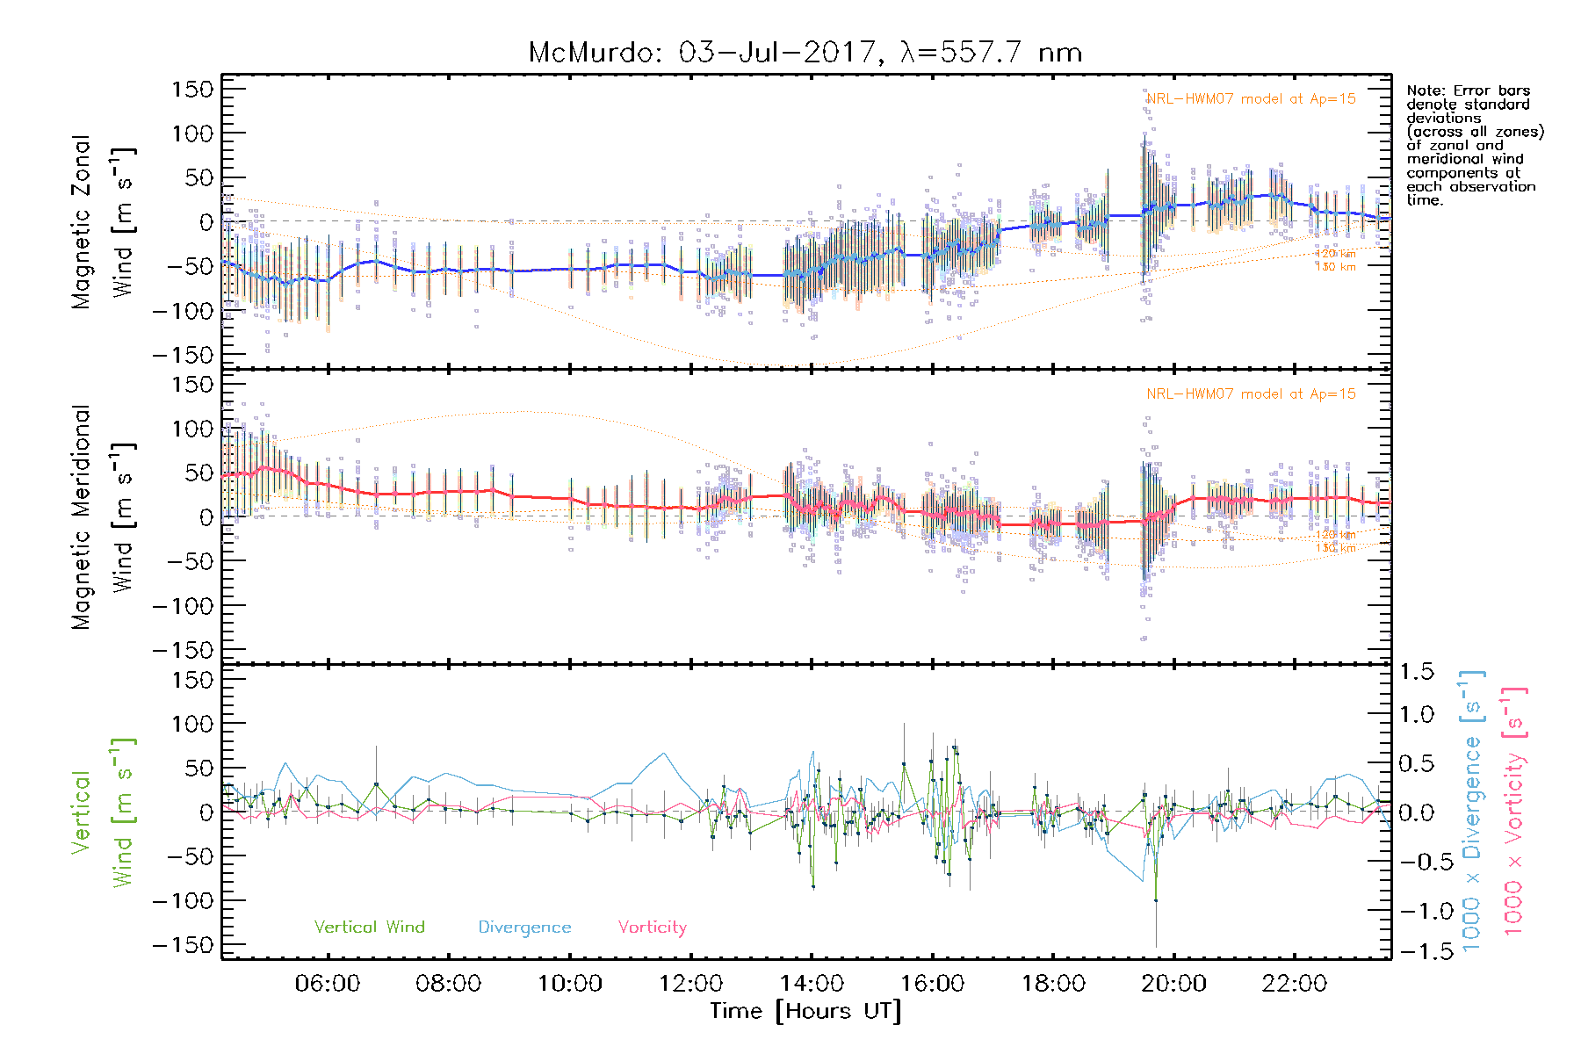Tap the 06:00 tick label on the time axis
pos(328,984)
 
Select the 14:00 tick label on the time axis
pos(812,984)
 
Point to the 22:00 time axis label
pos(1295,984)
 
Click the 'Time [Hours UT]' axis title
pos(805,1012)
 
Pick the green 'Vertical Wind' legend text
pos(369,928)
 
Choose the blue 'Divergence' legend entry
pos(524,928)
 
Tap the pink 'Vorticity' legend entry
pos(652,928)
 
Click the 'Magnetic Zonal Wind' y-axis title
pos(103,222)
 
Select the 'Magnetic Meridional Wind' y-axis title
pos(103,517)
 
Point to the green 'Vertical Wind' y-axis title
pos(103,812)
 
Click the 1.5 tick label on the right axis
pos(1416,672)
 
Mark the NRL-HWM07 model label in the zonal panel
pos(1251,99)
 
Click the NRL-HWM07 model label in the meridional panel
pos(1251,394)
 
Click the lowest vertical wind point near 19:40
pos(1156,900)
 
